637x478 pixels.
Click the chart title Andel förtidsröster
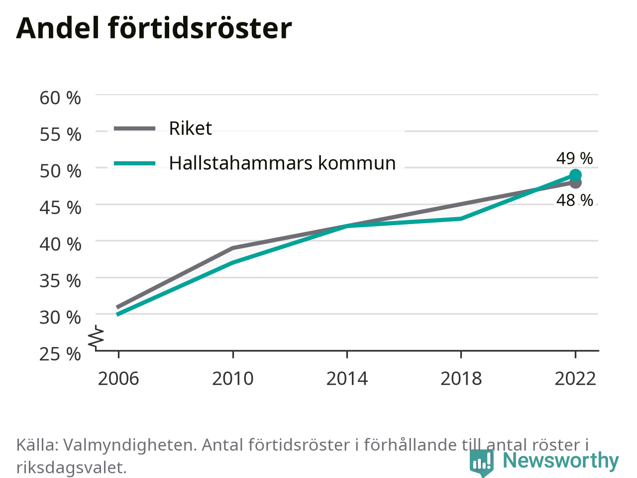tap(154, 28)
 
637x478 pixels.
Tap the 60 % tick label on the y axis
tap(60, 98)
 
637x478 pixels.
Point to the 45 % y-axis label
tap(60, 208)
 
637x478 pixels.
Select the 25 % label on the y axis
tap(60, 354)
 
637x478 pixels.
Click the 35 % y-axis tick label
tap(60, 281)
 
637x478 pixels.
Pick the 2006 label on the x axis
tap(118, 379)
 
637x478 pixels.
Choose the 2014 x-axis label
tap(347, 379)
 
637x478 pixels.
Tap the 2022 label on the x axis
tap(575, 379)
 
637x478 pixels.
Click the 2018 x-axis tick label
tap(461, 379)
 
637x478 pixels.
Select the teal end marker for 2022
tap(575, 175)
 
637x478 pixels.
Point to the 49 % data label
tap(574, 158)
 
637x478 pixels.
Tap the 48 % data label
tap(574, 200)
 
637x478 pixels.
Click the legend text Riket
tap(191, 128)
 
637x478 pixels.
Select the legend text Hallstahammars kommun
tap(282, 163)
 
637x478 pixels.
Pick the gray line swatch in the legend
tap(135, 128)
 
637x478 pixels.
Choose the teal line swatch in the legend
tap(135, 163)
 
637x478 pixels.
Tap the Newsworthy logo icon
tap(481, 462)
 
